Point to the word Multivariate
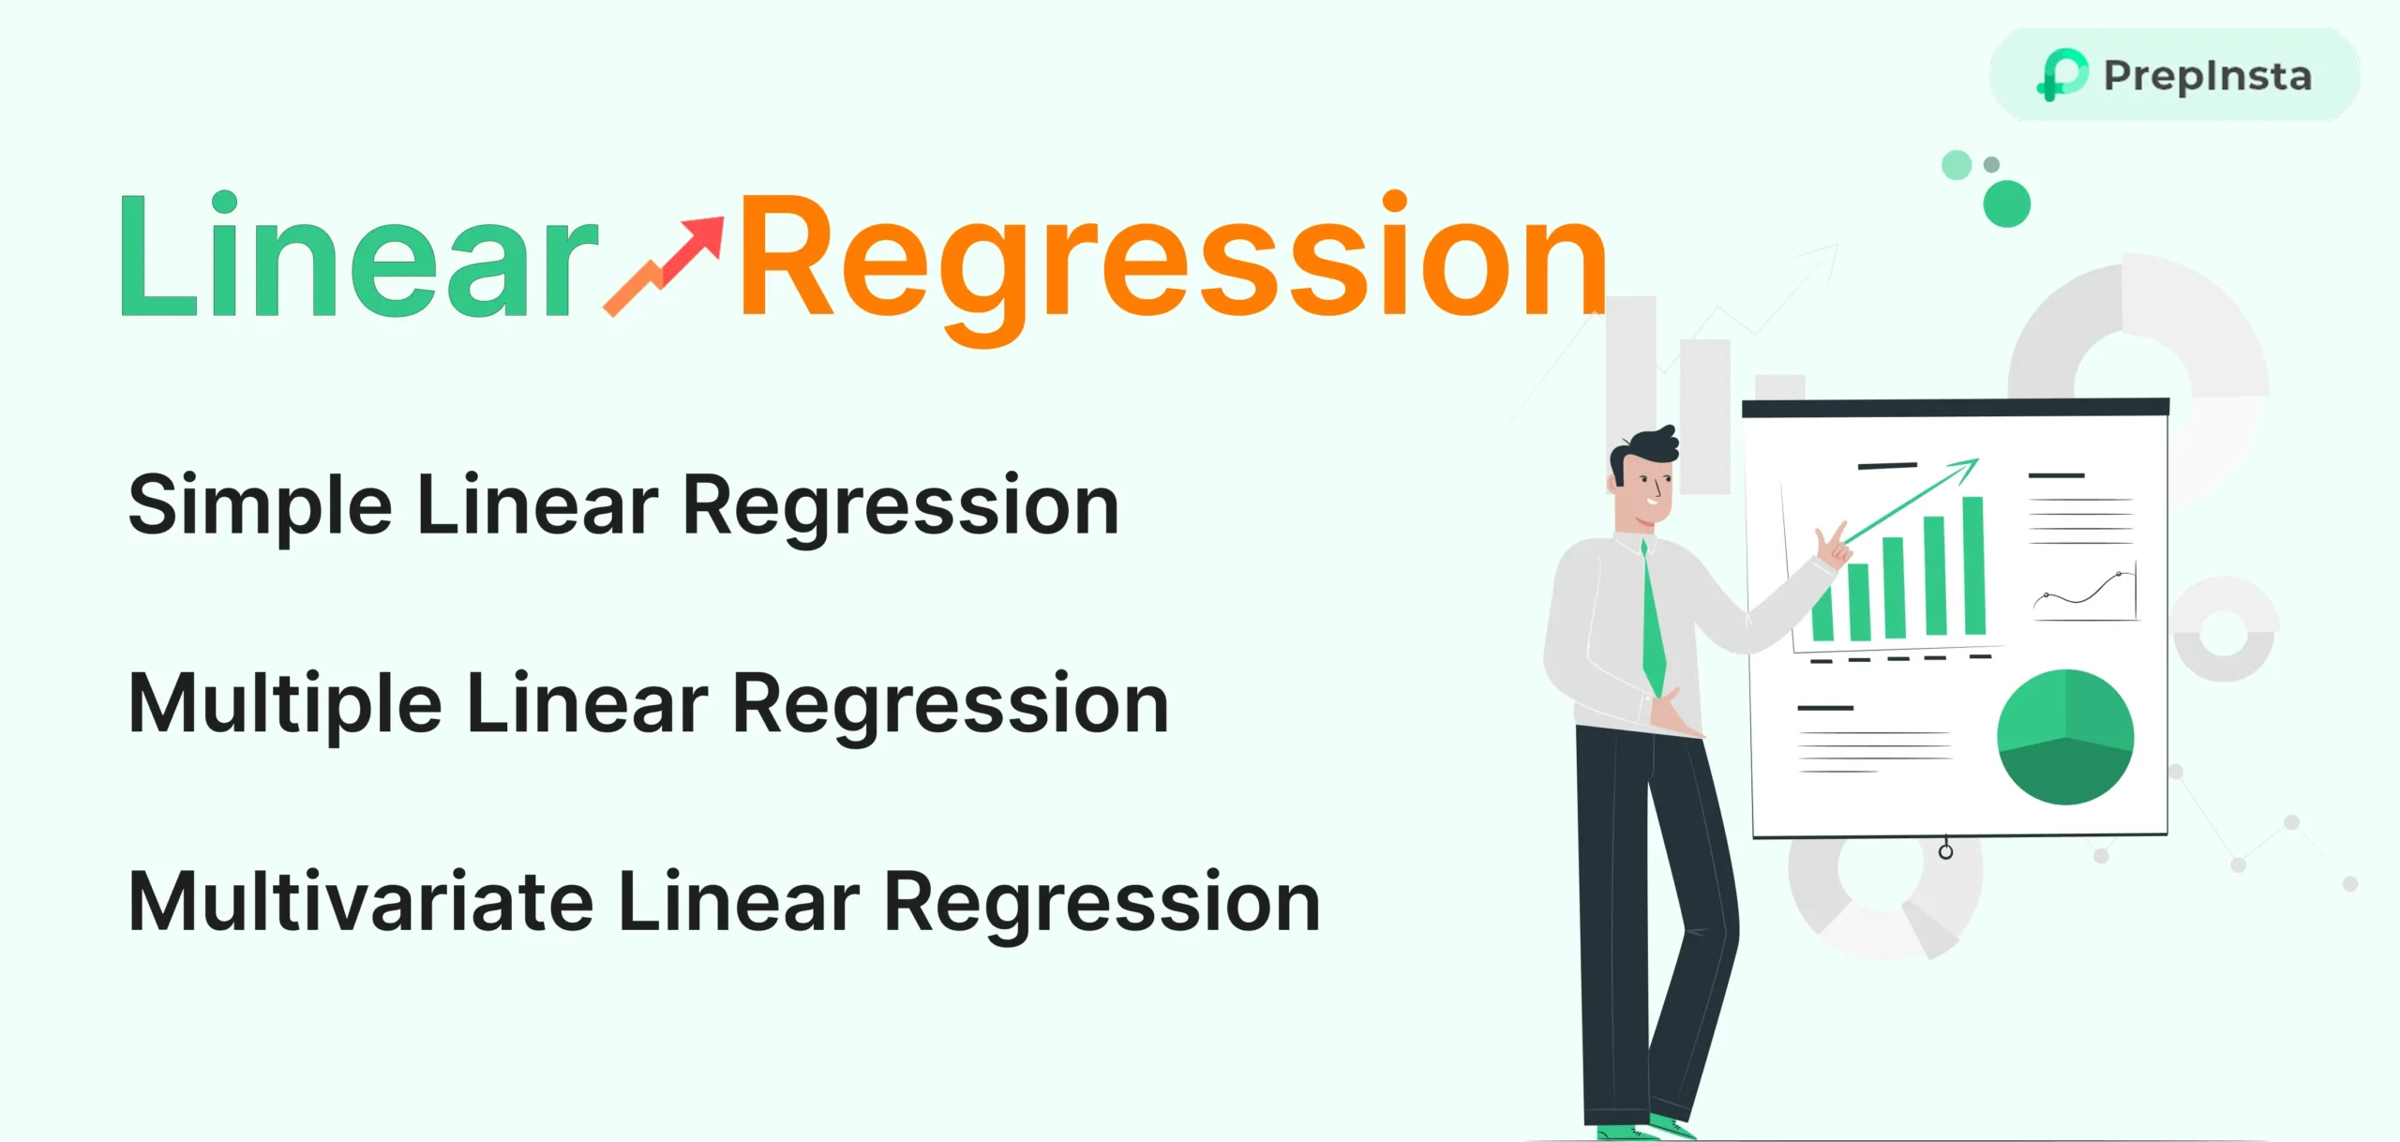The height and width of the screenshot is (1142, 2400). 361,902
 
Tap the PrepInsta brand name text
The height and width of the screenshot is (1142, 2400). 2208,76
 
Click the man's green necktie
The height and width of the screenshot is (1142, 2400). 1653,619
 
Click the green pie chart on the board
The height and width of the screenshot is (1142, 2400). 2065,737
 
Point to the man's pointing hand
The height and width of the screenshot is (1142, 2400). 1832,546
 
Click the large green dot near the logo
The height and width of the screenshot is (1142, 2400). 2006,203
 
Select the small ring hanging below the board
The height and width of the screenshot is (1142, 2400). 1945,851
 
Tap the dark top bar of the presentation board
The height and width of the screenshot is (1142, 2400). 1955,408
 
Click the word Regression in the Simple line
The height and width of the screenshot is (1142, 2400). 901,506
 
